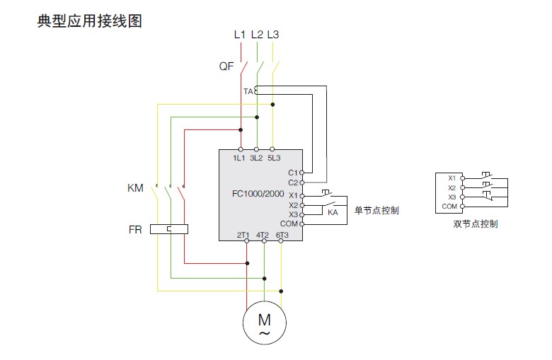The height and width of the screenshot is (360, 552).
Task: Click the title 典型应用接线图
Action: tap(90, 21)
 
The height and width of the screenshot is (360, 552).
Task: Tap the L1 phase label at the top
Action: tap(240, 34)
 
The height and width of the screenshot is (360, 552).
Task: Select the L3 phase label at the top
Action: tap(274, 34)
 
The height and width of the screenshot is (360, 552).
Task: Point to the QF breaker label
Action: tap(226, 68)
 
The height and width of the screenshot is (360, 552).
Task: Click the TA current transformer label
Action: tap(248, 91)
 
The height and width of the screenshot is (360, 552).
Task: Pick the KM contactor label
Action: tap(135, 188)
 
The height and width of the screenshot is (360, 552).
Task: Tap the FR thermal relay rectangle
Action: tap(171, 228)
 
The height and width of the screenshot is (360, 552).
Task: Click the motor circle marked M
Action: tap(264, 322)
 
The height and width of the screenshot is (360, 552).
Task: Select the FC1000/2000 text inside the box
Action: tap(258, 194)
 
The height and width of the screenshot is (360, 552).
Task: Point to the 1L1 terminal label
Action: tap(239, 158)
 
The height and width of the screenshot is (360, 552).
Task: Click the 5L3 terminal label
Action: tap(274, 158)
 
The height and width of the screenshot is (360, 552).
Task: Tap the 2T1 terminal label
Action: tap(243, 234)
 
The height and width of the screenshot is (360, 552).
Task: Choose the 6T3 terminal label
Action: tap(282, 234)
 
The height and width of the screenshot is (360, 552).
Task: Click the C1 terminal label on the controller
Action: tap(293, 173)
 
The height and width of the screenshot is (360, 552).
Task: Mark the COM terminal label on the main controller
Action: tap(289, 223)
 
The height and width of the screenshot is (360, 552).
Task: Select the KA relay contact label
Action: tap(332, 212)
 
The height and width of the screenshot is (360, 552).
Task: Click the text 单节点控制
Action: tap(376, 210)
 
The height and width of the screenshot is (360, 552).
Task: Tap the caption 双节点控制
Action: tap(476, 224)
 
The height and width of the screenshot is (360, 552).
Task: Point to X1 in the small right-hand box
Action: tap(451, 178)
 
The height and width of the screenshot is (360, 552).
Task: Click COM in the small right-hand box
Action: tap(449, 206)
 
